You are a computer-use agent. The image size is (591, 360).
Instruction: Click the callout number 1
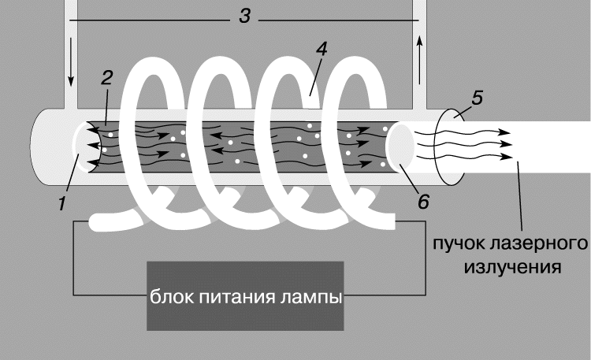pyautogui.click(x=62, y=203)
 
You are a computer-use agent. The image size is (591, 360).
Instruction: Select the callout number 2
pyautogui.click(x=106, y=78)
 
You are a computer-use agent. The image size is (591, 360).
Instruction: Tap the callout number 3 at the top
pyautogui.click(x=244, y=17)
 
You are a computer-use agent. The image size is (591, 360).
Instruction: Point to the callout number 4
pyautogui.click(x=322, y=49)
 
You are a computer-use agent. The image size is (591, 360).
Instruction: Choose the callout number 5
pyautogui.click(x=477, y=98)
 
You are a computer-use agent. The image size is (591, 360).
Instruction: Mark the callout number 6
pyautogui.click(x=423, y=202)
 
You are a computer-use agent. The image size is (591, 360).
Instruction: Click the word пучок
pyautogui.click(x=459, y=244)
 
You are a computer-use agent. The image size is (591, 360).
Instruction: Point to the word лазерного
pyautogui.click(x=539, y=244)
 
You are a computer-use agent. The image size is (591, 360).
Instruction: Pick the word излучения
pyautogui.click(x=513, y=268)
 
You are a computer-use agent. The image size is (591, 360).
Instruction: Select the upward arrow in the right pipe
pyautogui.click(x=419, y=60)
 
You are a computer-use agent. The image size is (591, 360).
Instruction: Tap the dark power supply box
pyautogui.click(x=245, y=296)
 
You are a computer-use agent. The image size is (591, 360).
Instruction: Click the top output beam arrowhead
pyautogui.click(x=505, y=132)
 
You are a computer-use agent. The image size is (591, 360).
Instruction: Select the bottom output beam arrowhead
pyautogui.click(x=507, y=157)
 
